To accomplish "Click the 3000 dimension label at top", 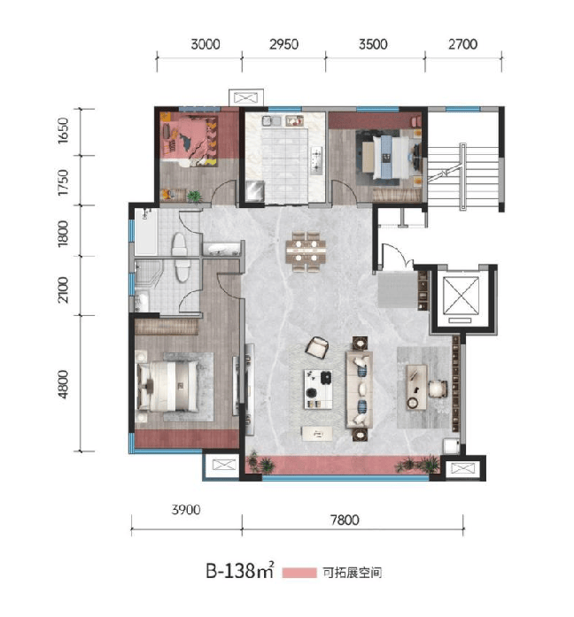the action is pos(206,44).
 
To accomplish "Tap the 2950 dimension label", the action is pos(283,44).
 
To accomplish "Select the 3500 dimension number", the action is pos(373,44).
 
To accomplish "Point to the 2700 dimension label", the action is pos(462,44).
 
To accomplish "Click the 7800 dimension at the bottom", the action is pos(345,521).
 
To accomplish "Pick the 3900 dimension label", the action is pos(186,510).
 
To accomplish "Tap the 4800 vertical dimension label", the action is pos(63,384).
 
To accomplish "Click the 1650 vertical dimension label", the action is pos(63,131).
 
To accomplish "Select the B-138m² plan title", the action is pos(239,571).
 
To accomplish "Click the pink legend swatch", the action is pos(299,573).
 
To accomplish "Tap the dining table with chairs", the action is pos(306,251).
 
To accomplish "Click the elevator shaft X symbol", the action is pos(461,296).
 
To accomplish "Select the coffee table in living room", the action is pos(318,389).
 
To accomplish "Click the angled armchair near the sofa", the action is pos(317,348).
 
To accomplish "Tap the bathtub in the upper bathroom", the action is pos(146,232).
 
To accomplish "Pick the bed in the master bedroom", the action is pos(167,387).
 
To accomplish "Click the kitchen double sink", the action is pos(272,120).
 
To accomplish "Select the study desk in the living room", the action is pos(416,387).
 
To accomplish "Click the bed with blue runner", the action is pos(386,157).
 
